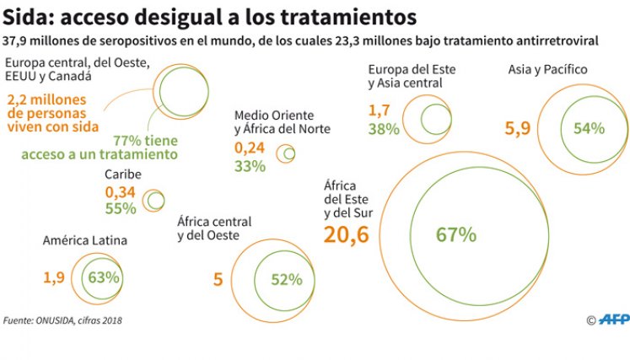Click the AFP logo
coord(614,320)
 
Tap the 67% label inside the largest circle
coord(456,234)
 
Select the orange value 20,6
coord(346,235)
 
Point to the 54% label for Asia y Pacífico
coord(589,128)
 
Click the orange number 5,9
coord(518,128)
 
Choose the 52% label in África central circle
coord(287,280)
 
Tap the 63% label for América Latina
coord(104,277)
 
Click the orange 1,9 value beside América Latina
coord(54,277)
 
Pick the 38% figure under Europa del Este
coord(384,129)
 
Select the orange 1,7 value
coord(379,110)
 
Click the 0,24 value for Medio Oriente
coord(250,148)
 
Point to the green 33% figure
coord(250,166)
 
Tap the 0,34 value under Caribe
coord(120,192)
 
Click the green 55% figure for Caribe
coord(121,208)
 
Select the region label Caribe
coord(123,175)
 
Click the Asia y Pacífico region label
coord(547,69)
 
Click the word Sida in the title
coord(25,17)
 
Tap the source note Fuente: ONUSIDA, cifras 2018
coord(62,320)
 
